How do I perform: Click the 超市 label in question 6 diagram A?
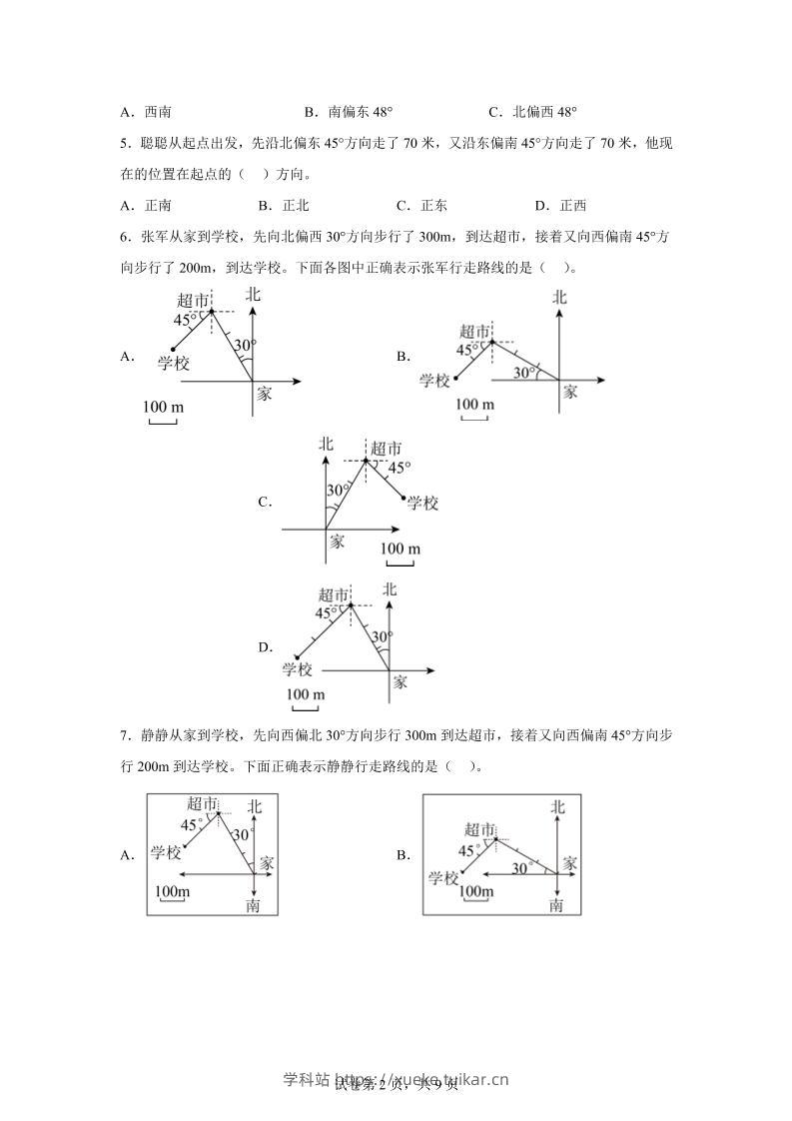(193, 300)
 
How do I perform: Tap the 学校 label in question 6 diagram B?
(435, 381)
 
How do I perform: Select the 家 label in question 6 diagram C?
(337, 541)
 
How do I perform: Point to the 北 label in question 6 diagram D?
(390, 589)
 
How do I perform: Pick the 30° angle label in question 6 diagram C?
(338, 491)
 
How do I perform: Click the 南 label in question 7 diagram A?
(253, 905)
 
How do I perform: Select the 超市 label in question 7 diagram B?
(480, 829)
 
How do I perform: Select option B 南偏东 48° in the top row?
(355, 113)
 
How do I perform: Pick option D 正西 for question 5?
(560, 206)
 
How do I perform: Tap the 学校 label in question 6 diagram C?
(423, 504)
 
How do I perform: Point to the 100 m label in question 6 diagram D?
(306, 695)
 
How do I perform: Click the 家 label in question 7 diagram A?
(267, 861)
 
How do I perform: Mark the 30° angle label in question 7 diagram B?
(520, 869)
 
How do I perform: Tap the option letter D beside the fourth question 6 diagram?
(265, 647)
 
